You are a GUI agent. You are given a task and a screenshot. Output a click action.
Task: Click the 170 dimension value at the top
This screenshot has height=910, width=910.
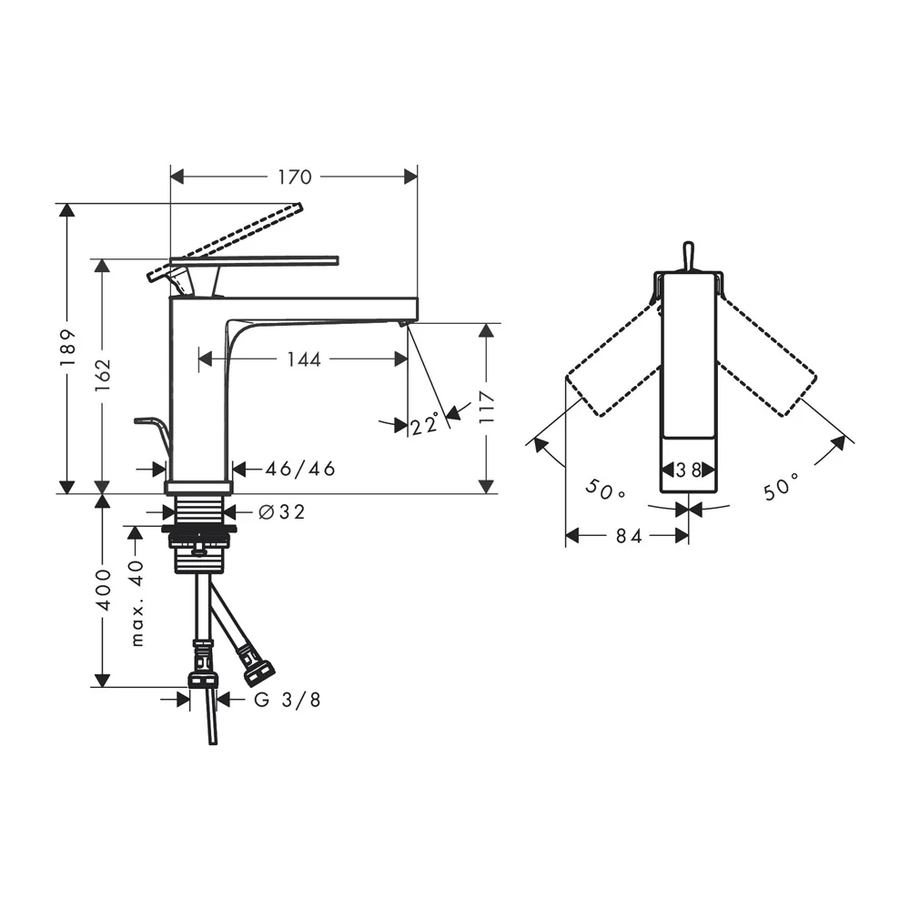[x=294, y=177]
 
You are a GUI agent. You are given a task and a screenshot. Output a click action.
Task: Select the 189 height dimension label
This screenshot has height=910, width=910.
[x=68, y=347]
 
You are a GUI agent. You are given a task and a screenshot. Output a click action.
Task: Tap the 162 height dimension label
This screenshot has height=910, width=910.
[x=103, y=374]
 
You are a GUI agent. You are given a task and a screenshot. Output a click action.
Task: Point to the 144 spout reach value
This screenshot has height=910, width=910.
[x=304, y=359]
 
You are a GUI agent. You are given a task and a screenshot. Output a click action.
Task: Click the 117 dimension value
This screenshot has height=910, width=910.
[x=487, y=407]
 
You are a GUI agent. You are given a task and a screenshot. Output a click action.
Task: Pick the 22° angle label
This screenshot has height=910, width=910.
[x=425, y=425]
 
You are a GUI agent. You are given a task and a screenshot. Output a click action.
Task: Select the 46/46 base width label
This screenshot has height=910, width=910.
[x=300, y=469]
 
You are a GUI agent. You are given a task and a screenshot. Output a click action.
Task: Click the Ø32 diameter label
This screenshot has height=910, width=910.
[x=281, y=511]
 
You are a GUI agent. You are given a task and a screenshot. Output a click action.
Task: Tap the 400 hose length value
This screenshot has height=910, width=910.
[x=103, y=590]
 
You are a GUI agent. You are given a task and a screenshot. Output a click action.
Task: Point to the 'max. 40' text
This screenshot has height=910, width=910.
[x=136, y=602]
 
